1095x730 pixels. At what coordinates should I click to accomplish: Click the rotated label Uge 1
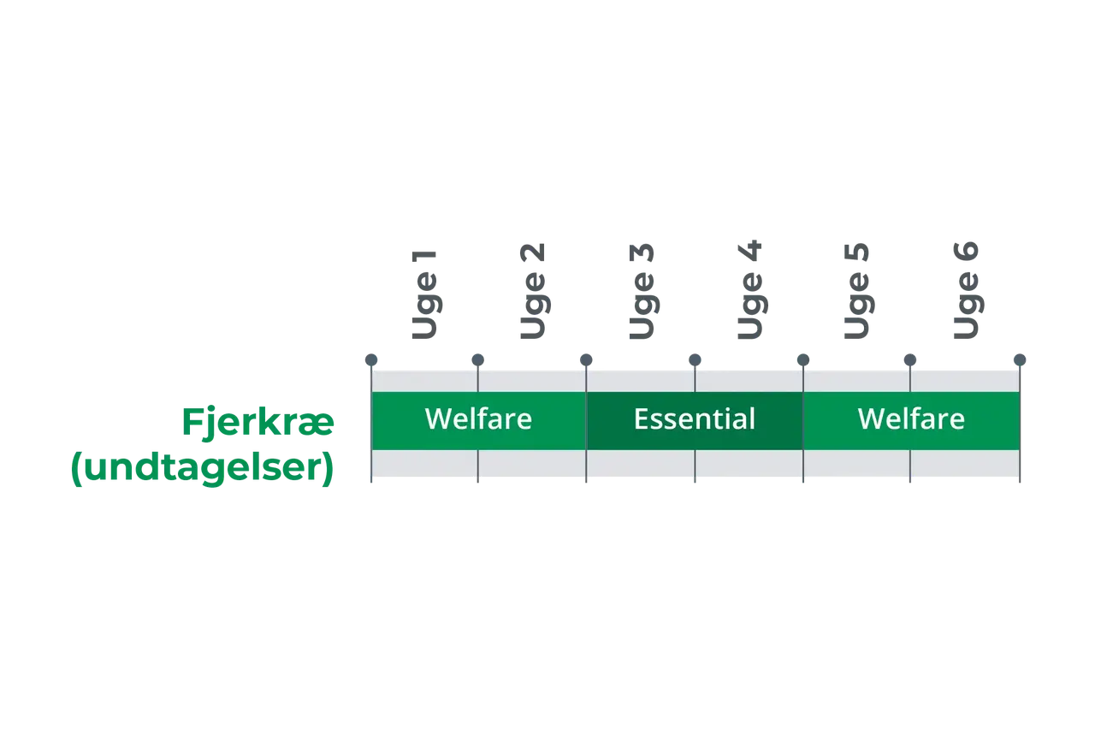[x=423, y=295]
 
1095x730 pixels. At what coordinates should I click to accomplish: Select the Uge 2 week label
[x=532, y=291]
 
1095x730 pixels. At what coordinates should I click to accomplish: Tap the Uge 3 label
[x=642, y=291]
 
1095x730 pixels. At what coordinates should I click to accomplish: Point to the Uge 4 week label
[x=750, y=289]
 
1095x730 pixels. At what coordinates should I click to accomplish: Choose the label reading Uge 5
[x=857, y=291]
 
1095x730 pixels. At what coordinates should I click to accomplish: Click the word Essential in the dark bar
[x=695, y=419]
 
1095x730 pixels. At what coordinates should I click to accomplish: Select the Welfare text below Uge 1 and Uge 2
[x=478, y=419]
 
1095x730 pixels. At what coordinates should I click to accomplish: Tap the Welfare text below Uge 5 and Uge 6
[x=911, y=419]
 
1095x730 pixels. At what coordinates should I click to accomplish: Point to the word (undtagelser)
[x=203, y=468]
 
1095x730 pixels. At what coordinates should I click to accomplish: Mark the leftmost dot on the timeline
[x=371, y=360]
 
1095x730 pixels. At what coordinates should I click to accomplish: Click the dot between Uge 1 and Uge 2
[x=477, y=360]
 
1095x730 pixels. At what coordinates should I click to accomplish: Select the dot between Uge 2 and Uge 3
[x=586, y=360]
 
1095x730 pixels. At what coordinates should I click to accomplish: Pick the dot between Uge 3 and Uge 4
[x=695, y=360]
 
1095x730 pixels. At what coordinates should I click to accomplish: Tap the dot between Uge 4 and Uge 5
[x=803, y=360]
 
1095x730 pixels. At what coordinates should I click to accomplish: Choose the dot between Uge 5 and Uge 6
[x=909, y=360]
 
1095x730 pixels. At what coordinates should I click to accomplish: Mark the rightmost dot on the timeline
[x=1020, y=360]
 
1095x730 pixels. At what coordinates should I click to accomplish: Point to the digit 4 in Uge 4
[x=749, y=250]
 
